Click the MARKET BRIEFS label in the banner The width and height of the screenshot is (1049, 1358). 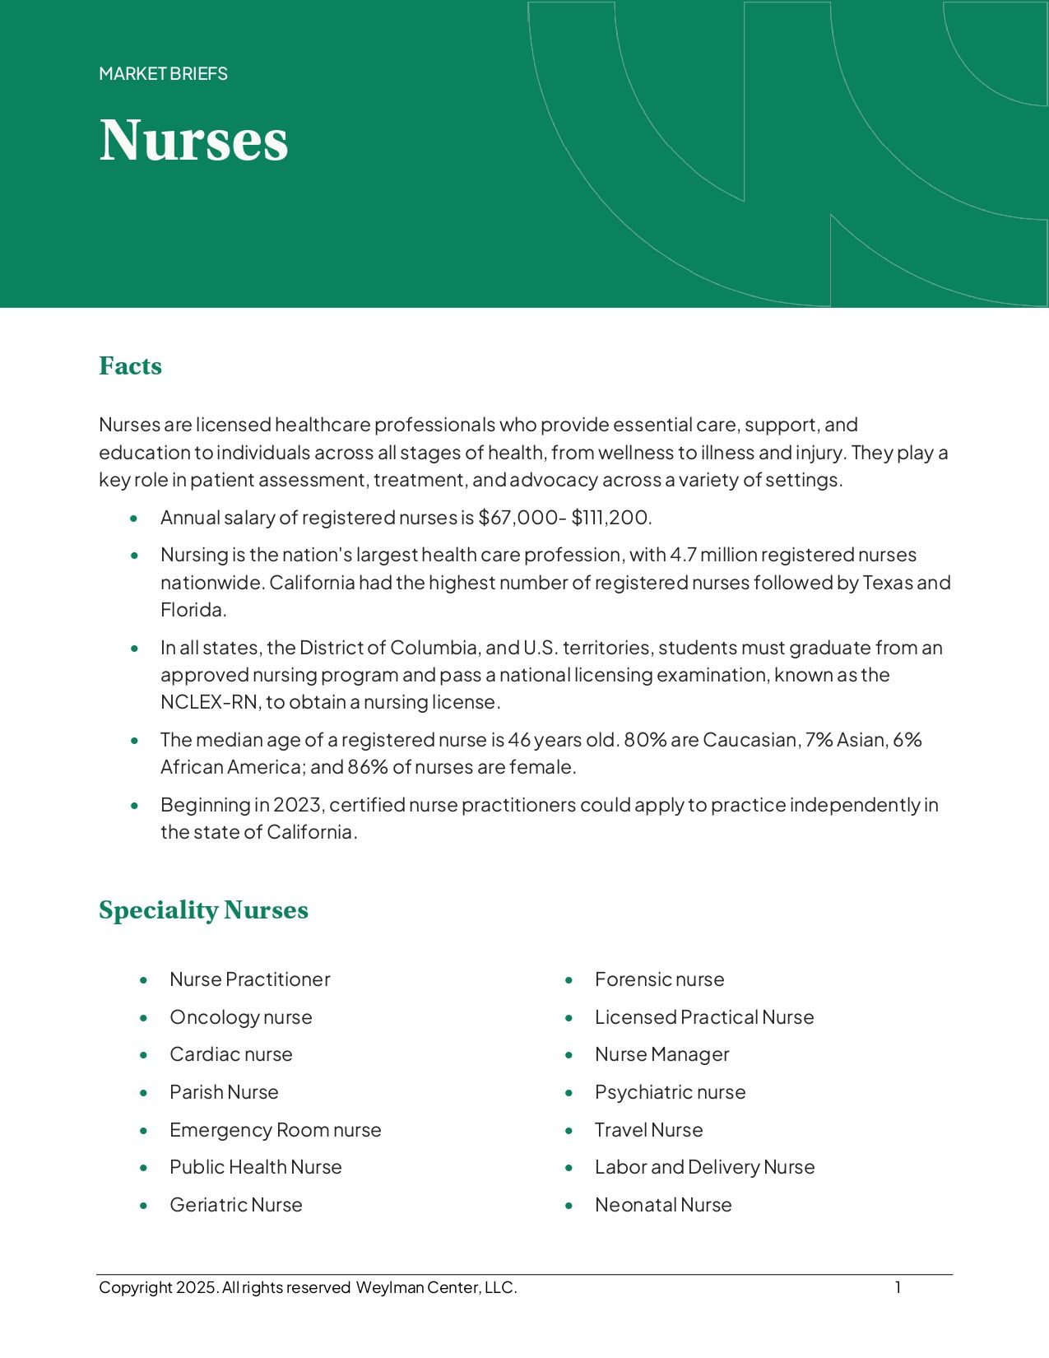click(163, 74)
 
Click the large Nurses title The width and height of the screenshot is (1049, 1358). click(193, 140)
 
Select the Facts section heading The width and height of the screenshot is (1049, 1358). click(130, 365)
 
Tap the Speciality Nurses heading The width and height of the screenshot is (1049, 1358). click(203, 909)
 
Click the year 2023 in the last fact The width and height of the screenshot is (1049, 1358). click(299, 805)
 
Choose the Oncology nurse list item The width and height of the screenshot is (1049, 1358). click(240, 1017)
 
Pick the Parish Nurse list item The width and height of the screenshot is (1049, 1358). click(224, 1092)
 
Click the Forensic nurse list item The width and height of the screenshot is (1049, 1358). click(659, 979)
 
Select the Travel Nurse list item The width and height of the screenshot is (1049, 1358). click(648, 1130)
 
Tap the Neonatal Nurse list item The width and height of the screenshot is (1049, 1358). click(662, 1205)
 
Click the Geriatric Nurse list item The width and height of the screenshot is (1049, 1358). click(235, 1205)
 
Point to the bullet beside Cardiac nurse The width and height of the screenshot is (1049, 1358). click(144, 1055)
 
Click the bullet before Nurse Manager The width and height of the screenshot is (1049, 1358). click(569, 1055)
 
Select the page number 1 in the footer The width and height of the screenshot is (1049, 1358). click(898, 1287)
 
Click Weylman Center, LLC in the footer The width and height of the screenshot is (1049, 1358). click(436, 1288)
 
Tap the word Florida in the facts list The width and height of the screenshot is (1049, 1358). click(193, 610)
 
